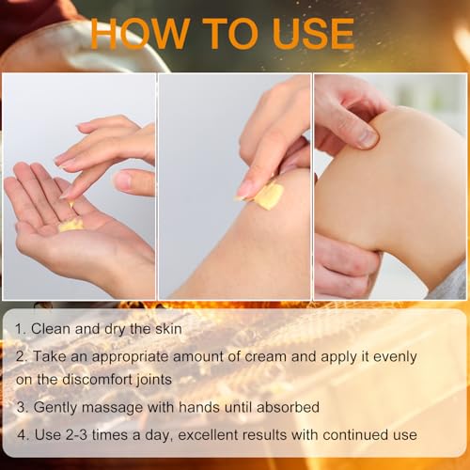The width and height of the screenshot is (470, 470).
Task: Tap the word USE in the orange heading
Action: tap(305, 34)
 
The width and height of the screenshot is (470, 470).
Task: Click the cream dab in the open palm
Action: tap(70, 225)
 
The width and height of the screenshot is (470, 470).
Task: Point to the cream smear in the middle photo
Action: tap(267, 196)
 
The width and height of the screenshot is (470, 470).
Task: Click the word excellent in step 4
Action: tap(229, 435)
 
